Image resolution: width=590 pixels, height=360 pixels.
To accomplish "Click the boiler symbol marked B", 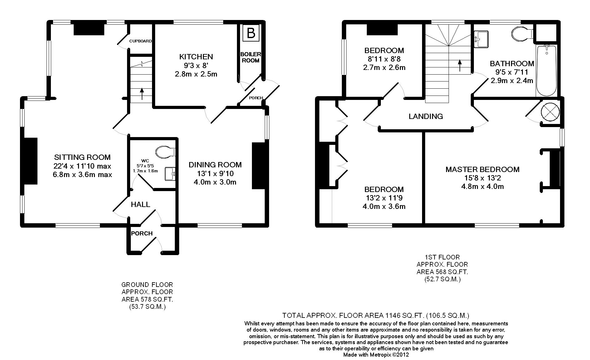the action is [x=251, y=32].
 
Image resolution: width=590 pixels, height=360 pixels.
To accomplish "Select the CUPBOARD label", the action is [x=140, y=41].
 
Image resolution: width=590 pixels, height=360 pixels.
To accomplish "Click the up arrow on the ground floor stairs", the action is [x=142, y=94].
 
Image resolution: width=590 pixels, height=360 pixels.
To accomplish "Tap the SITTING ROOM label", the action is [x=82, y=157].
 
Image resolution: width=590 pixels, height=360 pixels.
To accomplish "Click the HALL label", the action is [x=140, y=205].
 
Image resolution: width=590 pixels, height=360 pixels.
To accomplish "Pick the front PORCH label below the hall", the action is [x=142, y=234].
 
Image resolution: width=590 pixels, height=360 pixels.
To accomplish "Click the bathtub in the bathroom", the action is [x=546, y=71].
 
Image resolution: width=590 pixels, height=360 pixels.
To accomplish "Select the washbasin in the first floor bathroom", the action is [x=481, y=39].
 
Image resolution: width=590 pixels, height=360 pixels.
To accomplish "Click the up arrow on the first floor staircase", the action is [x=460, y=66].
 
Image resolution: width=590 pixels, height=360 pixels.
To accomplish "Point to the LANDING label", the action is [x=426, y=116].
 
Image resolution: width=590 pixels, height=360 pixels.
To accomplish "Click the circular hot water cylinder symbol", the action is [x=550, y=111].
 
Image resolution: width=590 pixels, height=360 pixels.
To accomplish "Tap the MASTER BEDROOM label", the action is [x=482, y=170].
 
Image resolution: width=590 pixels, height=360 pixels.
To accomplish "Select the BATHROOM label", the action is [x=512, y=64].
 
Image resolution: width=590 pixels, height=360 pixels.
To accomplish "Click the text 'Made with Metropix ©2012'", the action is [x=376, y=355].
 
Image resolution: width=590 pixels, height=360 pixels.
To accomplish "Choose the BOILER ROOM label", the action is [x=250, y=57].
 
